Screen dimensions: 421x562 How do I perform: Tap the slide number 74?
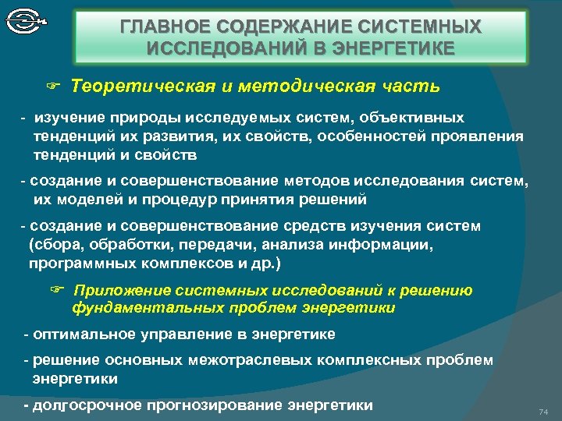click(x=544, y=411)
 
